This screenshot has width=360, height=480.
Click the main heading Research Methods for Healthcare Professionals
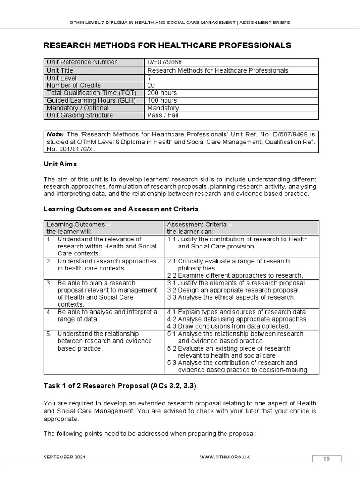[167, 45]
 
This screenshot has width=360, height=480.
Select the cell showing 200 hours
[162, 93]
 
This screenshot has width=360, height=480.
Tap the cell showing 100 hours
[162, 100]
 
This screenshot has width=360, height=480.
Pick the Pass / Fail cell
[163, 115]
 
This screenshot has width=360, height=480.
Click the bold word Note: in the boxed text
[55, 134]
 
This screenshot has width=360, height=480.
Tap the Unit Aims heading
[60, 164]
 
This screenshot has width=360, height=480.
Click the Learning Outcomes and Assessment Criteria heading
[121, 209]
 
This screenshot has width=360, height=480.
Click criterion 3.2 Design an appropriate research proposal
[233, 290]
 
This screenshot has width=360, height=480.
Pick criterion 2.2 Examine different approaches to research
[235, 275]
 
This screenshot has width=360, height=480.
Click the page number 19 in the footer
[326, 459]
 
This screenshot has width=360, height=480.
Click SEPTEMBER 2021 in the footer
[65, 457]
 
